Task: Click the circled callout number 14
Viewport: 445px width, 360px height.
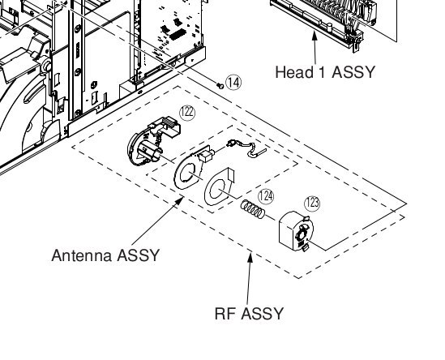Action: tap(233, 83)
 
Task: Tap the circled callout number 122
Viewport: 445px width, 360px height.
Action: tap(187, 113)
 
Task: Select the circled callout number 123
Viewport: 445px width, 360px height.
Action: tap(312, 204)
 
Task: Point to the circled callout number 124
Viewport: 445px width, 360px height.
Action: tap(266, 196)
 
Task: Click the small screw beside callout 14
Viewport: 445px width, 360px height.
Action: tap(220, 85)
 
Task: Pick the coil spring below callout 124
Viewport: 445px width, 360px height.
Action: tap(253, 209)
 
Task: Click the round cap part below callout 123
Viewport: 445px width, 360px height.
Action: tap(296, 231)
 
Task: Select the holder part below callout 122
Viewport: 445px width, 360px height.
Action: tap(152, 141)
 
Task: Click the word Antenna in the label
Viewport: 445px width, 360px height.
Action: tap(82, 255)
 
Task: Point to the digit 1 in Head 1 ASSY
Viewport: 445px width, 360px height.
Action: tap(322, 72)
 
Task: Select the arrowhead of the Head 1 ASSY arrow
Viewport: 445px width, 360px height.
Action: tap(314, 36)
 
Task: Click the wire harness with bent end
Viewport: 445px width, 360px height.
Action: tap(246, 148)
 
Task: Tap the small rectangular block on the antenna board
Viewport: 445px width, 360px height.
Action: tap(207, 156)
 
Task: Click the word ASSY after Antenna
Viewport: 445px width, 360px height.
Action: tap(139, 255)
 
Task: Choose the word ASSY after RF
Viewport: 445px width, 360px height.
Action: tap(263, 314)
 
